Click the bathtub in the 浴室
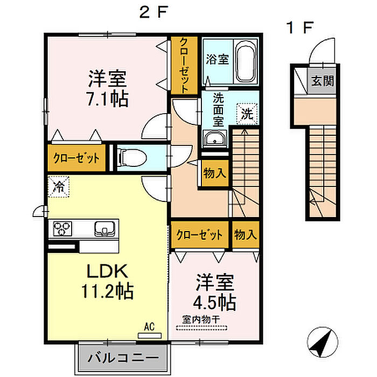(246, 62)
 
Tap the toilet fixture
(132, 158)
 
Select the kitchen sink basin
(104, 228)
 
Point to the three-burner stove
(62, 228)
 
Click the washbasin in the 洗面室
(214, 139)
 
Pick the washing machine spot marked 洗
(247, 114)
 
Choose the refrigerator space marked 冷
(58, 187)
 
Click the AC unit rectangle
(150, 336)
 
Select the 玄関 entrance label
(323, 81)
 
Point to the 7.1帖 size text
(108, 99)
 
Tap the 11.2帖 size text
(108, 291)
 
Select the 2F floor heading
(153, 12)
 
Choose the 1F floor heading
(300, 27)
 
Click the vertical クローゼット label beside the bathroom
(184, 65)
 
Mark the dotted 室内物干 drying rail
(201, 327)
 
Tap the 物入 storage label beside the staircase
(215, 173)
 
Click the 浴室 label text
(218, 59)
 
